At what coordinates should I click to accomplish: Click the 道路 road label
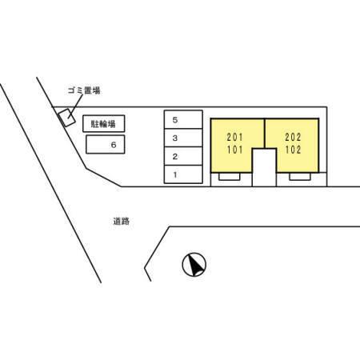[121, 221]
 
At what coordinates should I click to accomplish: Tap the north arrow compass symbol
[194, 265]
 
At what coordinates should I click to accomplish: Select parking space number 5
[183, 119]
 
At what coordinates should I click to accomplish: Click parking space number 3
[183, 138]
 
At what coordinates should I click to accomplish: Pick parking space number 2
[183, 156]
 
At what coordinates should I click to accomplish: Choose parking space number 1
[183, 174]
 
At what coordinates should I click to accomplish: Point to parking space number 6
[106, 144]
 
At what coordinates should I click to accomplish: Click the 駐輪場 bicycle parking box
[104, 123]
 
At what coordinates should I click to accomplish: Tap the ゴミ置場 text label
[84, 90]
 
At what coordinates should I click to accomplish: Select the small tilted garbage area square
[66, 118]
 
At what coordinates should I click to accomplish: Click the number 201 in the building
[235, 138]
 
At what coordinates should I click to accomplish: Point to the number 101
[235, 150]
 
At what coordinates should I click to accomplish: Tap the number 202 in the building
[293, 138]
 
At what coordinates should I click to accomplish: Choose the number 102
[293, 150]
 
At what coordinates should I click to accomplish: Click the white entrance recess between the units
[264, 167]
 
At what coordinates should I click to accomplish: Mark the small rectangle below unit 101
[230, 177]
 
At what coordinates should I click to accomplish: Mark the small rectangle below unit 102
[300, 177]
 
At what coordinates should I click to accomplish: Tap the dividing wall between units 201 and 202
[265, 134]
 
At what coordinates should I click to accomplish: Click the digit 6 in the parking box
[114, 145]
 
